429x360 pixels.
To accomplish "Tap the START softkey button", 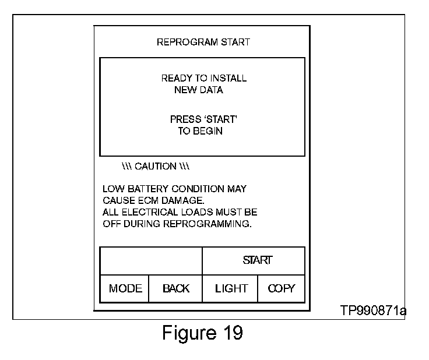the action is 254,261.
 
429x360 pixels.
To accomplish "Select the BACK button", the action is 175,289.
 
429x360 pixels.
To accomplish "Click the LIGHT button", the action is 230,289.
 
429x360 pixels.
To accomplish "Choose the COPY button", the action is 282,289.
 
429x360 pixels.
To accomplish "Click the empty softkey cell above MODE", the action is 152,261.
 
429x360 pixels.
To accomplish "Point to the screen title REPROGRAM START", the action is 203,42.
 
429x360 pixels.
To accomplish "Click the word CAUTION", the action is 156,166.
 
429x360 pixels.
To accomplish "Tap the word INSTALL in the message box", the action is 228,78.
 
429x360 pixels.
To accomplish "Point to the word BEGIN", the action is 208,131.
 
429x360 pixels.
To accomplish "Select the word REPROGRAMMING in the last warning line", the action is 207,224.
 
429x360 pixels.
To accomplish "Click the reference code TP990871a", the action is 373,310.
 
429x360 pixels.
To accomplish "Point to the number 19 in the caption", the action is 233,333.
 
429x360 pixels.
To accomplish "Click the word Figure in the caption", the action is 189,333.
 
